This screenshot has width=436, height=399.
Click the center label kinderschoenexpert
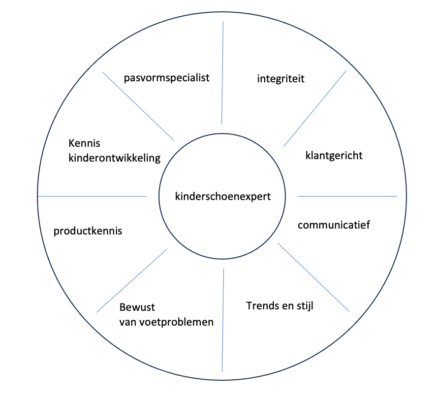click(223, 197)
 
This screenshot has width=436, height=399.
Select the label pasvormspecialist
click(167, 78)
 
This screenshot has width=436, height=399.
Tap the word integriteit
click(280, 78)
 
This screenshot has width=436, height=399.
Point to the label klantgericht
click(334, 156)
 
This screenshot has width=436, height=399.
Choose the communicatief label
click(334, 225)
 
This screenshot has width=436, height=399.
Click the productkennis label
click(88, 231)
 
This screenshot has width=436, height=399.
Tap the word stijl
click(304, 306)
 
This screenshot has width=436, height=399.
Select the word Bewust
click(137, 307)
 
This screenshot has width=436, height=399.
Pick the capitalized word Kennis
click(84, 144)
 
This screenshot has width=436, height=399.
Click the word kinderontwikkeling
click(115, 158)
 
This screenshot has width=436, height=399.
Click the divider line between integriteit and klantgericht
click(315, 109)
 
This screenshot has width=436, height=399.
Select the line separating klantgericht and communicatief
click(347, 196)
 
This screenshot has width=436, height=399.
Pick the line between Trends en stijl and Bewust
click(223, 320)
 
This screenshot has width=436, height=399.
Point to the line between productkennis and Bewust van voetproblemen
click(131, 280)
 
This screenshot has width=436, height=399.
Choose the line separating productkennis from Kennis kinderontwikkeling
click(92, 196)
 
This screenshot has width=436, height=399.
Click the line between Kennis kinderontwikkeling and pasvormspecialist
click(138, 106)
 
